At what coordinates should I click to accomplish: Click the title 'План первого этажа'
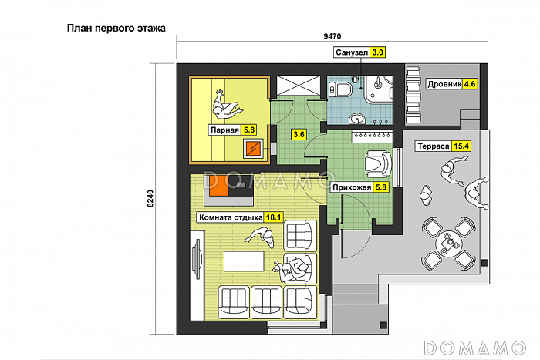[116, 28]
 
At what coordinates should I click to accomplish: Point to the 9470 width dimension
[332, 36]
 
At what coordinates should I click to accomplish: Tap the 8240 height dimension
[150, 199]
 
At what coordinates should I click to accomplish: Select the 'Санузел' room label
[352, 52]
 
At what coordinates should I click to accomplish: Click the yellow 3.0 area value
[377, 52]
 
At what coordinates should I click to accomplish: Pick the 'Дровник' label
[444, 84]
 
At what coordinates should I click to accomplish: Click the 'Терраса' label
[434, 146]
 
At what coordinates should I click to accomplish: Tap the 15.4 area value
[461, 146]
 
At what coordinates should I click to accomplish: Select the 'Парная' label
[224, 130]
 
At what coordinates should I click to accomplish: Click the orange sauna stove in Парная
[253, 148]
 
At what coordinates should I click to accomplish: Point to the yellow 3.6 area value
[299, 134]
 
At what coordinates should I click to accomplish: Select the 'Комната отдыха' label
[231, 217]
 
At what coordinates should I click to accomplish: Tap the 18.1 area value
[274, 217]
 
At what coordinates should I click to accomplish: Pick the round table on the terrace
[449, 244]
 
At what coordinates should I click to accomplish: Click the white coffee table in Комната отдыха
[244, 261]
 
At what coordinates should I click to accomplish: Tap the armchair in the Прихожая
[379, 164]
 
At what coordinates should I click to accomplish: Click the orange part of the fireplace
[218, 187]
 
